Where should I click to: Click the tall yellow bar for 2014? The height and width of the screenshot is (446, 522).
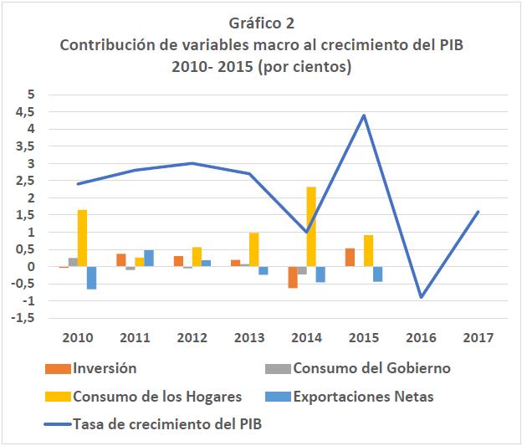tap(311, 227)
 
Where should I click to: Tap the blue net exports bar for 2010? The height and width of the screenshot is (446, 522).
tap(91, 278)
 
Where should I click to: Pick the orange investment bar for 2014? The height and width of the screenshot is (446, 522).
tap(293, 277)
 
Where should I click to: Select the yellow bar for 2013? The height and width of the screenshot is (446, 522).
tap(253, 249)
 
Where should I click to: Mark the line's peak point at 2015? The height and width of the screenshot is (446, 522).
tap(364, 115)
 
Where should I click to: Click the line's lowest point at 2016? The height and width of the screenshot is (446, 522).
tap(422, 297)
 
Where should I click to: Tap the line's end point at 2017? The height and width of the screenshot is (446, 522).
tap(478, 212)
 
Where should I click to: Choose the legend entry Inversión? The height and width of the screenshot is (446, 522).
tap(105, 368)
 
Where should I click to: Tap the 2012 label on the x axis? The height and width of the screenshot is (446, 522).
tap(192, 337)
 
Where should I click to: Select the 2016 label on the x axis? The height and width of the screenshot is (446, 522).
tap(422, 337)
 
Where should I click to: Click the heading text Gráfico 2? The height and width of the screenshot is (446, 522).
tap(260, 23)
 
